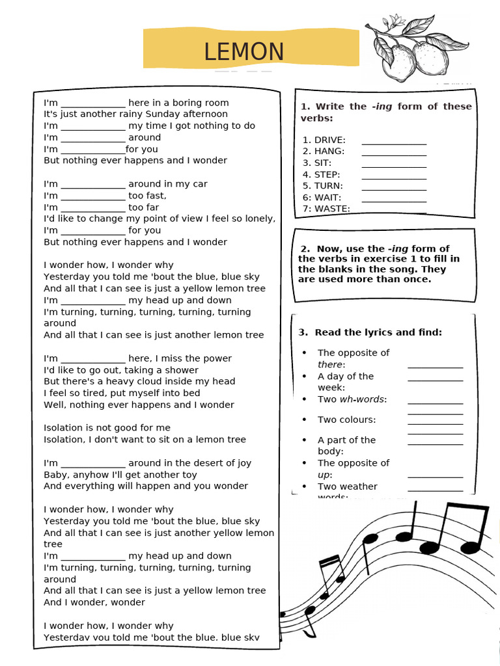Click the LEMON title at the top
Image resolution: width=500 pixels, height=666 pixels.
click(x=244, y=52)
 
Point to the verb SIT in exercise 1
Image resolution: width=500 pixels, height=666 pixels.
click(x=323, y=163)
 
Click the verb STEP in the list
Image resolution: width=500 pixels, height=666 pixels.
click(x=327, y=174)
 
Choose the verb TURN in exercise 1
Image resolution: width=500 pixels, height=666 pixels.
click(x=328, y=186)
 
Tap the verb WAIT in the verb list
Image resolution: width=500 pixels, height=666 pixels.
click(x=327, y=197)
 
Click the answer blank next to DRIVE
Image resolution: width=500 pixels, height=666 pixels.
click(x=394, y=142)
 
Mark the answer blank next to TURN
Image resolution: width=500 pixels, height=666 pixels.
click(x=394, y=188)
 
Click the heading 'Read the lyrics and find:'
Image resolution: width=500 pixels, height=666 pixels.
click(x=370, y=332)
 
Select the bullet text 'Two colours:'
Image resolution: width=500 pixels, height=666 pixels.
click(x=346, y=420)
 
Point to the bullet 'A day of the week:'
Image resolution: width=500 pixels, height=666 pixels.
click(x=345, y=382)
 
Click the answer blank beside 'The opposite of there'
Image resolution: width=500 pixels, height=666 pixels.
click(x=435, y=366)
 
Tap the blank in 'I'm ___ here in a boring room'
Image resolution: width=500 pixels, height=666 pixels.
click(x=93, y=104)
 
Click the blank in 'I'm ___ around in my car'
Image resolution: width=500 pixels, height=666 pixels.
click(x=93, y=185)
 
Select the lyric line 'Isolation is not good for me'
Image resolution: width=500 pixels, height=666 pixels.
click(x=107, y=427)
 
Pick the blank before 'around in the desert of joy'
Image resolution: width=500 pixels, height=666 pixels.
click(x=93, y=464)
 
